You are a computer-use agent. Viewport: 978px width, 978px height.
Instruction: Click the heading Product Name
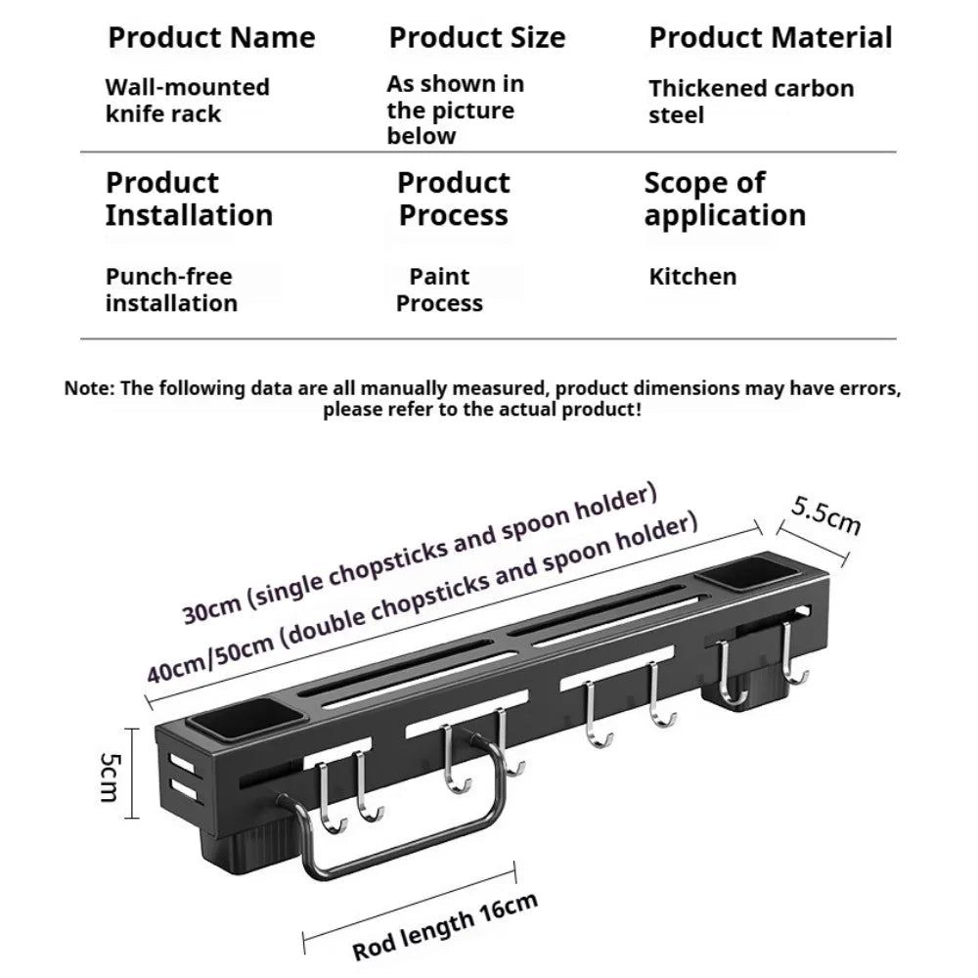[211, 37]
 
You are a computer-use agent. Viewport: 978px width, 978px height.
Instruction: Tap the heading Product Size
[477, 37]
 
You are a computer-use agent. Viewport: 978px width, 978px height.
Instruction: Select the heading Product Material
[771, 37]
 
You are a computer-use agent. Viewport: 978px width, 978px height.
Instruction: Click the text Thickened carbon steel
[751, 102]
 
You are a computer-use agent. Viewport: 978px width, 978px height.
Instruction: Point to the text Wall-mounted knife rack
[187, 101]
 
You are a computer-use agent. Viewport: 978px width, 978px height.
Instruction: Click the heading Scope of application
[725, 199]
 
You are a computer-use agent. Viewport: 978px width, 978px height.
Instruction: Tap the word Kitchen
[692, 277]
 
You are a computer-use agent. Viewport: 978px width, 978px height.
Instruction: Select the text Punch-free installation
[171, 289]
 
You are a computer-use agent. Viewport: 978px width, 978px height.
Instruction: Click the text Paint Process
[439, 289]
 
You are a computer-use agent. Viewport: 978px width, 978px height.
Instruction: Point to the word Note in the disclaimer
[89, 388]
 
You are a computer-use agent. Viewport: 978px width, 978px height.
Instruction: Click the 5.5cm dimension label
[826, 515]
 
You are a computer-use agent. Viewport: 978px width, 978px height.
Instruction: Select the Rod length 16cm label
[445, 927]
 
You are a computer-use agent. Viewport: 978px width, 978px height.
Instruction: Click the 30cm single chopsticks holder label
[420, 554]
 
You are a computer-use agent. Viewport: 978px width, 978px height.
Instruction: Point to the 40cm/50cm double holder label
[422, 599]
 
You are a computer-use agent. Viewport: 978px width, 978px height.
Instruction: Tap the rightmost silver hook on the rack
[793, 654]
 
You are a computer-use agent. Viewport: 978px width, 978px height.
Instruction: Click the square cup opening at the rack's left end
[245, 717]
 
